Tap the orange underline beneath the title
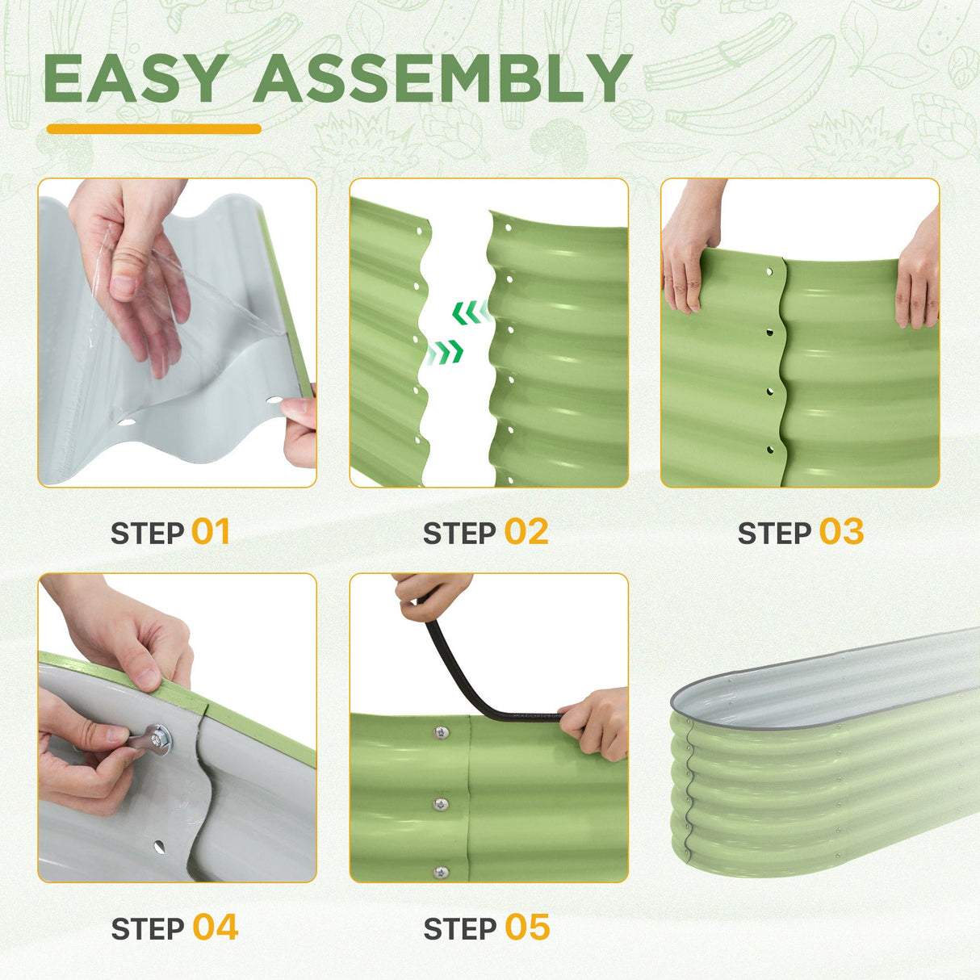[153, 129]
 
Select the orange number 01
[211, 532]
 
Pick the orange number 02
[526, 532]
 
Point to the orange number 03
[841, 532]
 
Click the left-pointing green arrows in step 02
[471, 312]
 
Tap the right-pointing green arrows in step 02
[445, 352]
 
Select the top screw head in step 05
[439, 733]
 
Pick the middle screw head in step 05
[441, 804]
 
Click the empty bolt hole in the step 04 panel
[160, 846]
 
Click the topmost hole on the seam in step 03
[770, 271]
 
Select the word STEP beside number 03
[774, 533]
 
